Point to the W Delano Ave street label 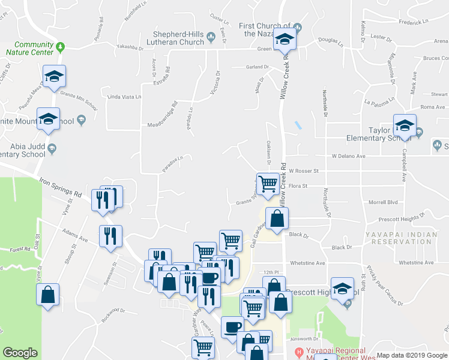(348, 156)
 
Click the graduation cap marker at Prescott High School (342, 290)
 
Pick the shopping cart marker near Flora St (267, 184)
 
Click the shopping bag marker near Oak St (47, 295)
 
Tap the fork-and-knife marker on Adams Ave (110, 236)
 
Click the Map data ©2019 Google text (412, 355)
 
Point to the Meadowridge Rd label (163, 114)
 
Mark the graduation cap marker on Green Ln (285, 40)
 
